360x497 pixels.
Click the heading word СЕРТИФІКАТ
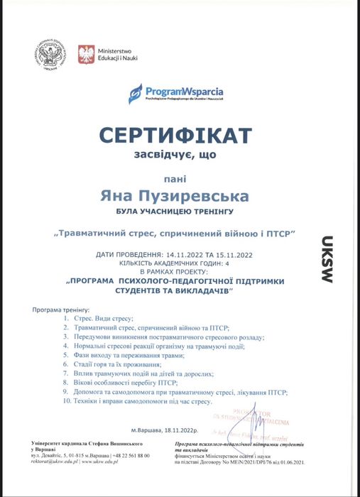click(x=175, y=135)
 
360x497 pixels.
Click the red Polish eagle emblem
click(x=85, y=54)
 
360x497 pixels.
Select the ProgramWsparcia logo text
click(x=183, y=92)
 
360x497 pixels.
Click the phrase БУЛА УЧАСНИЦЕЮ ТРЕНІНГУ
click(x=175, y=212)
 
